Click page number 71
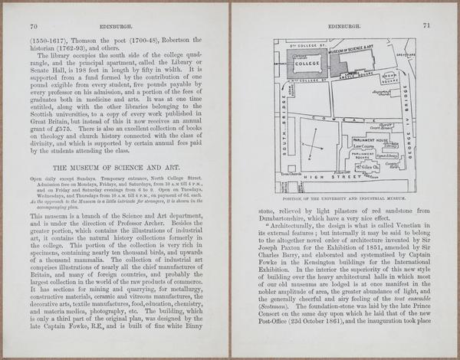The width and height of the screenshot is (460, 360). tap(426, 26)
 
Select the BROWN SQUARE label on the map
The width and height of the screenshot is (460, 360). tap(389, 80)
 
